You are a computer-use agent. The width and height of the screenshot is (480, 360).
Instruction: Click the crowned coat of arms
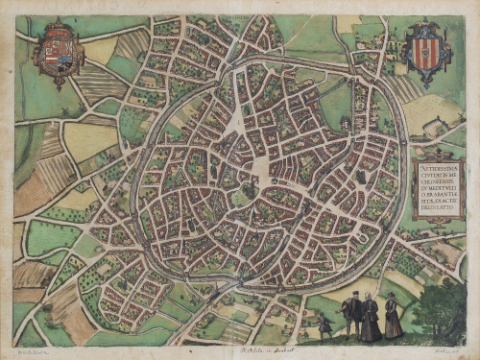coord(59,53)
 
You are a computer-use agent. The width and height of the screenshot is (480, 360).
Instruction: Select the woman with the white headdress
coord(371,317)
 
